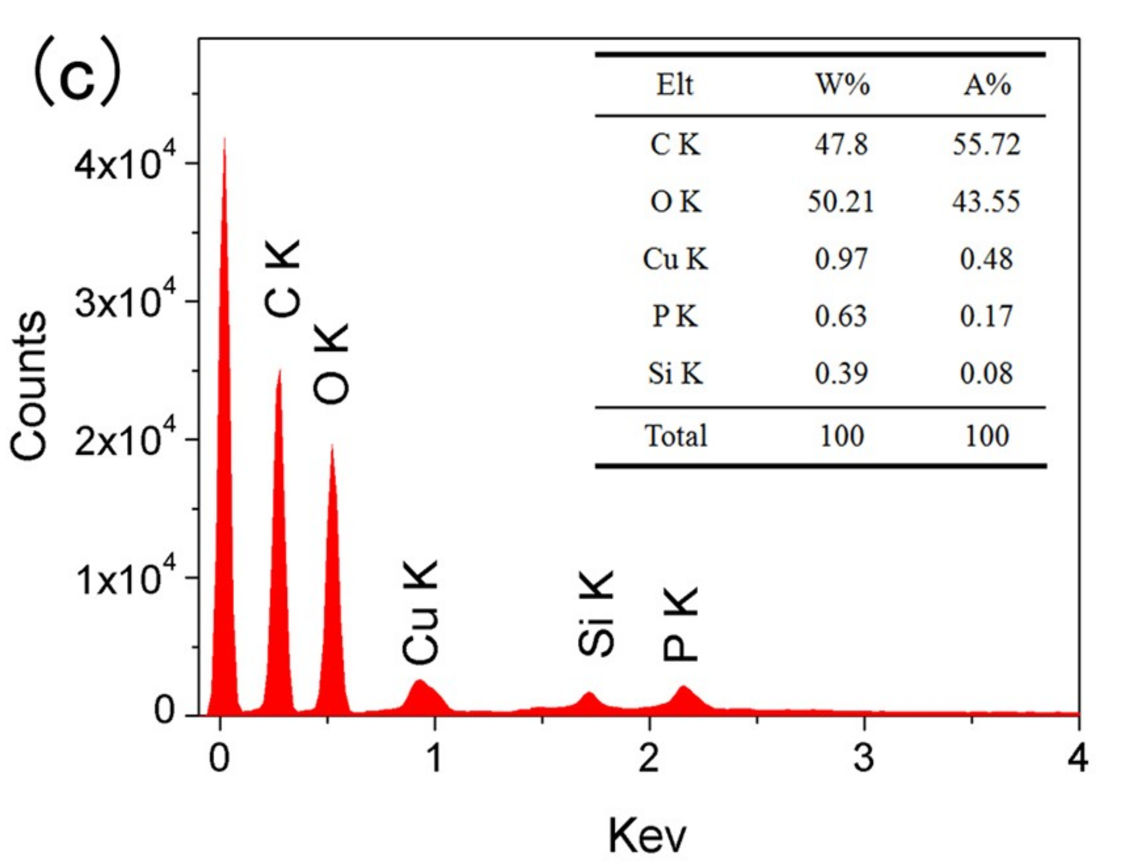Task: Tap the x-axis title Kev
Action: pyautogui.click(x=647, y=835)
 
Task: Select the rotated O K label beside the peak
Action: pyautogui.click(x=332, y=364)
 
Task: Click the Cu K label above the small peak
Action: pyautogui.click(x=420, y=612)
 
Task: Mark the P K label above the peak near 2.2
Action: pyautogui.click(x=680, y=623)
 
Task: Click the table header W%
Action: pyautogui.click(x=842, y=85)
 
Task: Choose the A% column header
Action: pyautogui.click(x=987, y=85)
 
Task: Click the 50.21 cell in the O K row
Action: pyautogui.click(x=841, y=202)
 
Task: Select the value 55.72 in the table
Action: pyautogui.click(x=986, y=145)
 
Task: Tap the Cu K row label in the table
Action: pyautogui.click(x=675, y=259)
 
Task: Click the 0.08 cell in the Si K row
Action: pyautogui.click(x=986, y=374)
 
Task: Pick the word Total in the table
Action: pyautogui.click(x=676, y=436)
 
